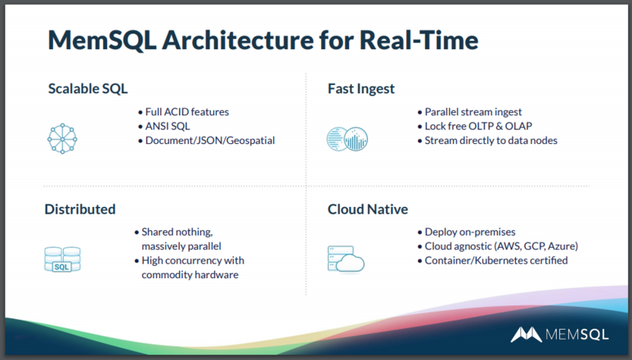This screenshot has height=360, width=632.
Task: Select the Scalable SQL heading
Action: [87, 88]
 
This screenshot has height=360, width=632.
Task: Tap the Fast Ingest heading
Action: [361, 88]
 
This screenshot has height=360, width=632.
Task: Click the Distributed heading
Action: [80, 209]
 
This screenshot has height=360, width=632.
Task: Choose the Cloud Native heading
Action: [367, 209]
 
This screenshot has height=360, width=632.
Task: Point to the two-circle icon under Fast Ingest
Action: [345, 138]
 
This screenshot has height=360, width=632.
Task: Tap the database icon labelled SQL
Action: [61, 259]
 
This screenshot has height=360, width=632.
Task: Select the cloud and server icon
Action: [345, 258]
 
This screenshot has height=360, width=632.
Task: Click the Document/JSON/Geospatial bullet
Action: [209, 141]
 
